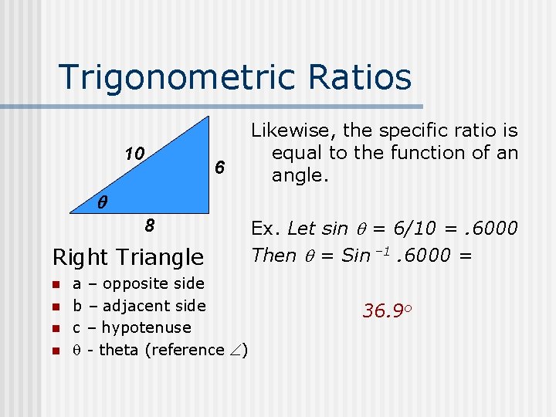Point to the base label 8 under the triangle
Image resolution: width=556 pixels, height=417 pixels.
(151, 226)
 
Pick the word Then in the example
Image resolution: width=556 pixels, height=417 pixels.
(273, 256)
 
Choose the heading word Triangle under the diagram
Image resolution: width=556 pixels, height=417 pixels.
(167, 256)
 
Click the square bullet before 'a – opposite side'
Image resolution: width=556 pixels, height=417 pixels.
(55, 284)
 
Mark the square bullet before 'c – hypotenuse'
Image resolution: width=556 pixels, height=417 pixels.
(55, 328)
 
